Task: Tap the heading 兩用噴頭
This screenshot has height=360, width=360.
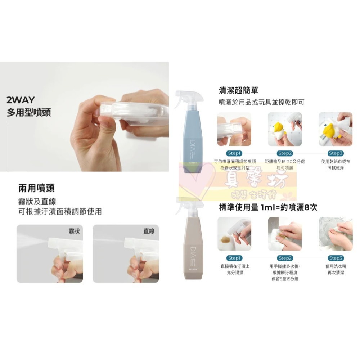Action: pyautogui.click(x=36, y=188)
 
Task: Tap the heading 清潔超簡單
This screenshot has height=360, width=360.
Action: pyautogui.click(x=238, y=90)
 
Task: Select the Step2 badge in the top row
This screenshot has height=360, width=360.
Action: pyautogui.click(x=284, y=153)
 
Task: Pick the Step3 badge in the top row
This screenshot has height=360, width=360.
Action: pyautogui.click(x=336, y=153)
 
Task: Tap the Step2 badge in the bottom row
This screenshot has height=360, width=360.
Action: pyautogui.click(x=284, y=258)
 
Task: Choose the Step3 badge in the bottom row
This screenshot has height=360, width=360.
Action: pyautogui.click(x=336, y=258)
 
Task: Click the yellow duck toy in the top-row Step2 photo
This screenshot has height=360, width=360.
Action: pyautogui.click(x=278, y=129)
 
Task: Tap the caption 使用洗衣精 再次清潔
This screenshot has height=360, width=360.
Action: pyautogui.click(x=335, y=270)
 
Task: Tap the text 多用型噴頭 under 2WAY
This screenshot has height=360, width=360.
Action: pyautogui.click(x=29, y=112)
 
